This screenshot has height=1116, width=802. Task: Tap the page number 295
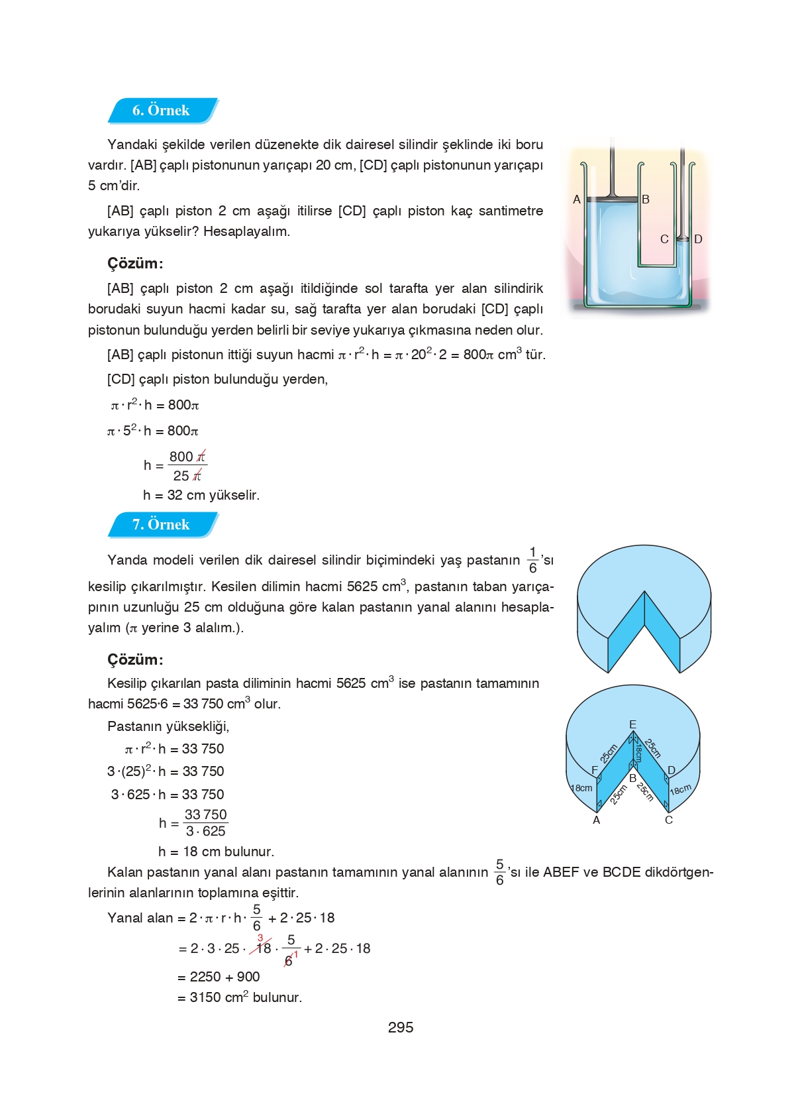[401, 1027]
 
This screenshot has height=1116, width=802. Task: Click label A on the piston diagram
[577, 199]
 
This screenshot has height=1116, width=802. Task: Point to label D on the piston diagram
[698, 239]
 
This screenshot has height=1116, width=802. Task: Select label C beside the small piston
[664, 239]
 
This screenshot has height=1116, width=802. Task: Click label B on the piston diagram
[646, 199]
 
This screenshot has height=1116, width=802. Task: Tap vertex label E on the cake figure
[632, 724]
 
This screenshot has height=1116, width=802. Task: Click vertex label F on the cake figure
[595, 770]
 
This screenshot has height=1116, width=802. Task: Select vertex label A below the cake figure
[596, 820]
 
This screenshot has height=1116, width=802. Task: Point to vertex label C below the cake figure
[669, 820]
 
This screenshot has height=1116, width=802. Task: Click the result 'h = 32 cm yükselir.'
[201, 495]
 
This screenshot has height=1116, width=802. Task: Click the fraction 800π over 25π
[187, 466]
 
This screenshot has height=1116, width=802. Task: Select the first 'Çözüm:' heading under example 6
[135, 263]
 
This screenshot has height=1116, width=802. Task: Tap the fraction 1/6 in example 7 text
[533, 560]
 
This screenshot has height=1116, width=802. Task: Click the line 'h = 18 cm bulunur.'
[216, 852]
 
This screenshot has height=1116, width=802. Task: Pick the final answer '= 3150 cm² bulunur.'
[240, 997]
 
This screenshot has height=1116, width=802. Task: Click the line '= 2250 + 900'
[219, 977]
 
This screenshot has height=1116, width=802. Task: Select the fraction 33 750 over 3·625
[205, 822]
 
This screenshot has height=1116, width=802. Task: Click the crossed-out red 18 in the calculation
[264, 948]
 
